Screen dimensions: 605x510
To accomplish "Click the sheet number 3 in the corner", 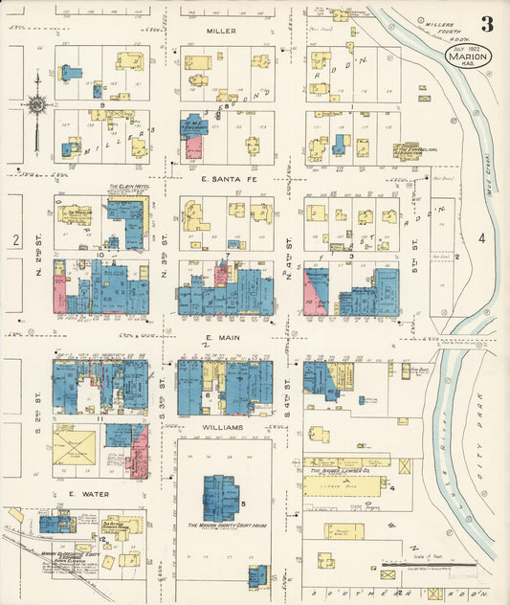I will click(487, 24).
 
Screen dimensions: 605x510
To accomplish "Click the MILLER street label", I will click(219, 31).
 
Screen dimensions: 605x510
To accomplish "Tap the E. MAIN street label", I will click(222, 339).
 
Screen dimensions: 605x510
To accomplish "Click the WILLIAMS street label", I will click(223, 428).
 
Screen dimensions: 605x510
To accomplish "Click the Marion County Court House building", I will click(224, 498).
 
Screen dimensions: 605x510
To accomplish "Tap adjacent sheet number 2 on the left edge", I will click(15, 241).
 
